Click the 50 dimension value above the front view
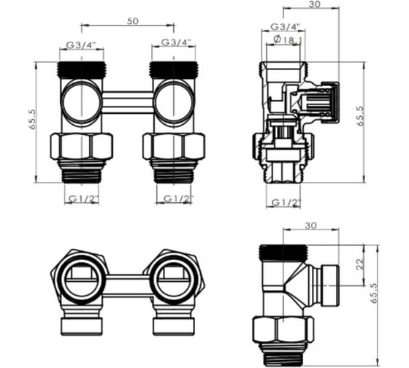tap(133, 21)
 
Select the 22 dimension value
tap(360, 264)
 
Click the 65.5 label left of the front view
tap(32, 119)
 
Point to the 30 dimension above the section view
tap(314, 4)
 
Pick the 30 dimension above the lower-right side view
tap(310, 226)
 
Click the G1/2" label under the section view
tap(286, 202)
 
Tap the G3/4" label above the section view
tap(286, 26)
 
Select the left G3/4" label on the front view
tap(81, 45)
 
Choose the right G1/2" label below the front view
tap(178, 199)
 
